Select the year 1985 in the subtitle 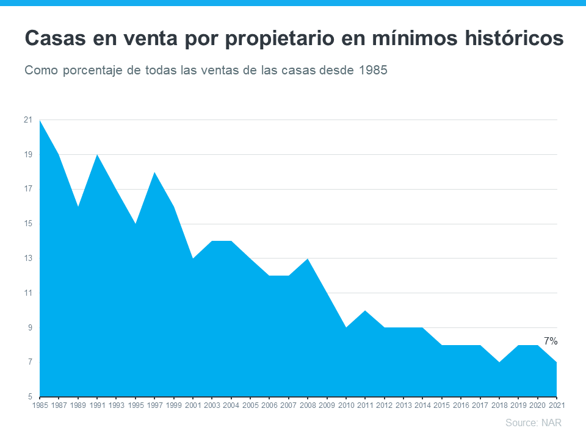pyautogui.click(x=372, y=70)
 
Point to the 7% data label pyautogui.click(x=550, y=341)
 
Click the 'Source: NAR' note pyautogui.click(x=533, y=423)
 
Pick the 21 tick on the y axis pyautogui.click(x=28, y=120)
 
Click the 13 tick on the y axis pyautogui.click(x=28, y=259)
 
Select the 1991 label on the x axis pyautogui.click(x=97, y=405)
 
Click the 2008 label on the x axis pyautogui.click(x=308, y=405)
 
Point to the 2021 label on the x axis pyautogui.click(x=557, y=405)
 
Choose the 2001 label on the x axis pyautogui.click(x=193, y=405)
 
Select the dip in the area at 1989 pyautogui.click(x=78, y=207)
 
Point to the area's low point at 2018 pyautogui.click(x=499, y=362)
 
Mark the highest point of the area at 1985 pyautogui.click(x=40, y=121)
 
